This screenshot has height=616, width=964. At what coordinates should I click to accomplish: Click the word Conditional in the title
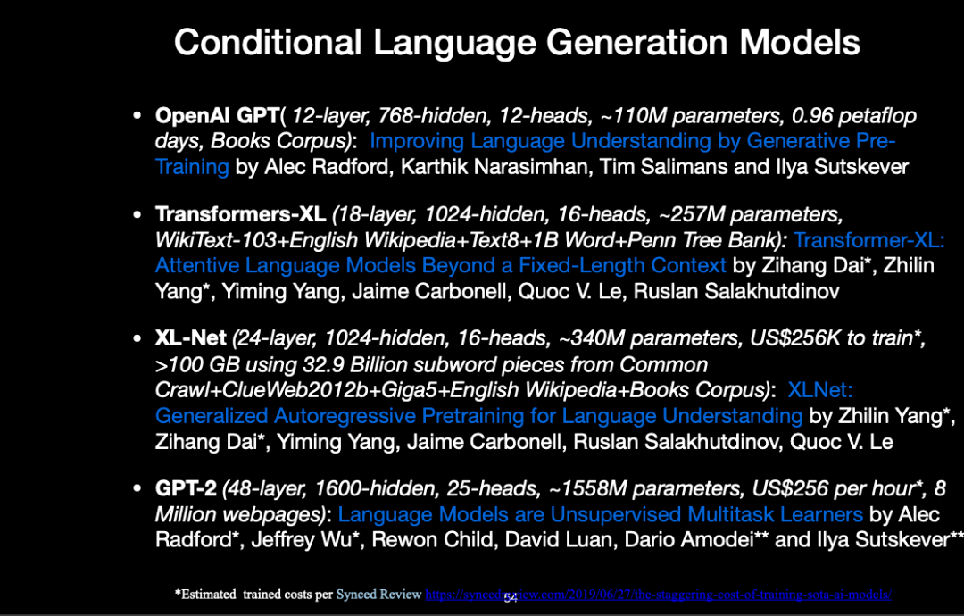(x=268, y=42)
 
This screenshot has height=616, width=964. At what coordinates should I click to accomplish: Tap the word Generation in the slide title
(x=637, y=43)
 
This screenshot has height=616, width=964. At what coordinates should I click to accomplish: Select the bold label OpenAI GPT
(x=218, y=115)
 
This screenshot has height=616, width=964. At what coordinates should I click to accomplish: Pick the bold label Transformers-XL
(x=240, y=214)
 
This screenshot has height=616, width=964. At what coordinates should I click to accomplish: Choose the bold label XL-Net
(x=191, y=337)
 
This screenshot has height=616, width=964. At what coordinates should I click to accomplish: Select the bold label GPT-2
(x=186, y=488)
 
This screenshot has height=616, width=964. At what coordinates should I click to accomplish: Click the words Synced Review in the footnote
(x=378, y=595)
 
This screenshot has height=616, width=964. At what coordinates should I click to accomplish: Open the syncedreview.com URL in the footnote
(x=659, y=595)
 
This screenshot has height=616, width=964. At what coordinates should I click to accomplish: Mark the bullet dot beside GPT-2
(x=137, y=488)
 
